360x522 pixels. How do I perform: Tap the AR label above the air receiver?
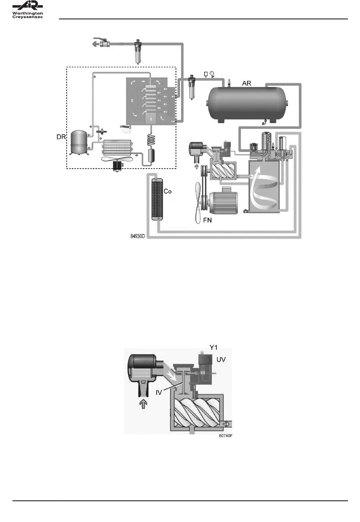coord(246,83)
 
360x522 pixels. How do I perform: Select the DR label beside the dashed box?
coord(61,137)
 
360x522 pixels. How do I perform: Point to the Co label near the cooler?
coord(167,191)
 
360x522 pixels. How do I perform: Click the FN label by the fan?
coord(207,220)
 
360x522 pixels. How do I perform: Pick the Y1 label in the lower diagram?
coord(213,347)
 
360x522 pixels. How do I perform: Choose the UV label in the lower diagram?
coord(221,359)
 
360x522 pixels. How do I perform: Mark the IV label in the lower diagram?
coord(159,393)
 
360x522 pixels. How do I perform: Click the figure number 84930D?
coord(137,236)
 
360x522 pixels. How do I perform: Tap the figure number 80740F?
coord(225,436)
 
